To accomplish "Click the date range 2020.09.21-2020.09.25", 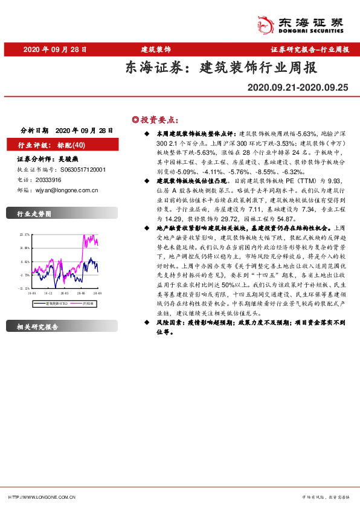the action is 298,87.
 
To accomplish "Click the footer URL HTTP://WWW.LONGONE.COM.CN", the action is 42,497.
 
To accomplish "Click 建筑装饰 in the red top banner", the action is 156,49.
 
